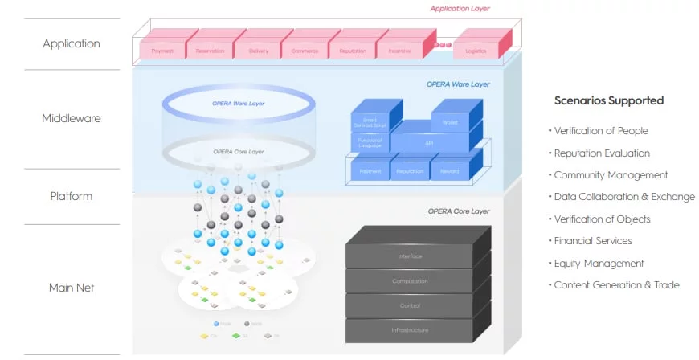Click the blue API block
[428, 142]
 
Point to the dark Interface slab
[410, 256]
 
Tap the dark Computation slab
[410, 281]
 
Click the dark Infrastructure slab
[410, 329]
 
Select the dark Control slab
[410, 305]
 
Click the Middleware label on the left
[72, 119]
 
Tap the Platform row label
[72, 196]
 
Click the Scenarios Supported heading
[609, 101]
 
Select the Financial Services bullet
[593, 241]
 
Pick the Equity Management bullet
[599, 263]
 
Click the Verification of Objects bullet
[603, 219]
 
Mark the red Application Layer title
[460, 9]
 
